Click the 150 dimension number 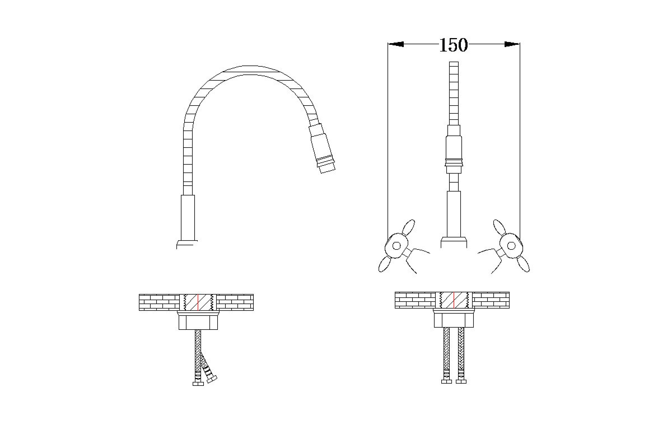[x=453, y=45]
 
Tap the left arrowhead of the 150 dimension [x=396, y=44]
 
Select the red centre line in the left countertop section [x=198, y=302]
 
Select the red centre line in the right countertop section [x=454, y=300]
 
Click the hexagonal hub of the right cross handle [x=511, y=246]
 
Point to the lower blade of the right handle [x=523, y=264]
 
